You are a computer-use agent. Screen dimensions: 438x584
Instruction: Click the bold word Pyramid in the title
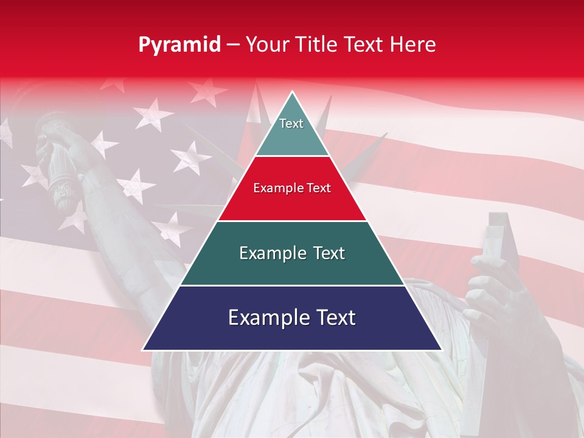179,45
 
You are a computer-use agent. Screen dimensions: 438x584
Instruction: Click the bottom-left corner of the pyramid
144,349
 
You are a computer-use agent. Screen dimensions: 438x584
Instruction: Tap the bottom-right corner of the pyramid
440,349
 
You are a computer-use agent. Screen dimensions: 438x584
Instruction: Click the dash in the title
233,45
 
